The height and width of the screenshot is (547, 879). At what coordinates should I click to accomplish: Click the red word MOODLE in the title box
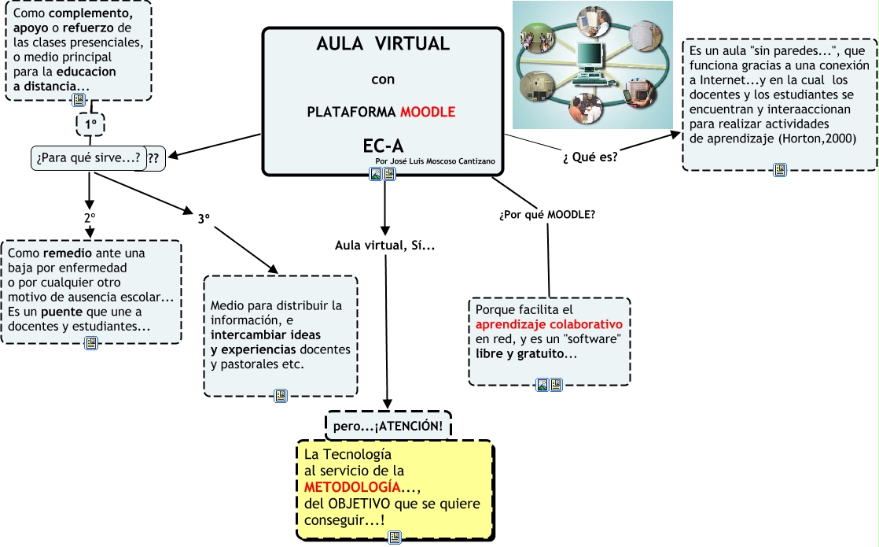click(x=428, y=112)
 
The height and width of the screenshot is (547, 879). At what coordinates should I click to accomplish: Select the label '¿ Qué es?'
click(x=590, y=156)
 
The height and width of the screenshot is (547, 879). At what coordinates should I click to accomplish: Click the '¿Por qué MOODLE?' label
click(x=547, y=215)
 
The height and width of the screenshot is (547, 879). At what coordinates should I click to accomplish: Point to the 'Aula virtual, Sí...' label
click(x=385, y=246)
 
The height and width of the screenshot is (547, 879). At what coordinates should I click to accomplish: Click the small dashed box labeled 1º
click(x=90, y=124)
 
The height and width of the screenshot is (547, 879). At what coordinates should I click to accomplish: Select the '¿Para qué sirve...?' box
click(x=89, y=157)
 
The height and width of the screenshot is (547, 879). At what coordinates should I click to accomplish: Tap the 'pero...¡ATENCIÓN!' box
click(x=388, y=426)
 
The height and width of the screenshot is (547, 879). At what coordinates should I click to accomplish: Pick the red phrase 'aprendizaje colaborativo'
click(x=549, y=324)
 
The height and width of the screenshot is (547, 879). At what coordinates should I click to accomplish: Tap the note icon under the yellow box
click(x=395, y=538)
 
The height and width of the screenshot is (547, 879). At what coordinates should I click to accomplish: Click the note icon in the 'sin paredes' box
click(x=780, y=169)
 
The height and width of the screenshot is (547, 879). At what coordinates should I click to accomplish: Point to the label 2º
click(x=90, y=217)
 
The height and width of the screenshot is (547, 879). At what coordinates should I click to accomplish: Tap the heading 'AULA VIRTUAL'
click(x=383, y=44)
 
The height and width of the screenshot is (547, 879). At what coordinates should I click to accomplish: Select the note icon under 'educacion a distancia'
click(x=78, y=100)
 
